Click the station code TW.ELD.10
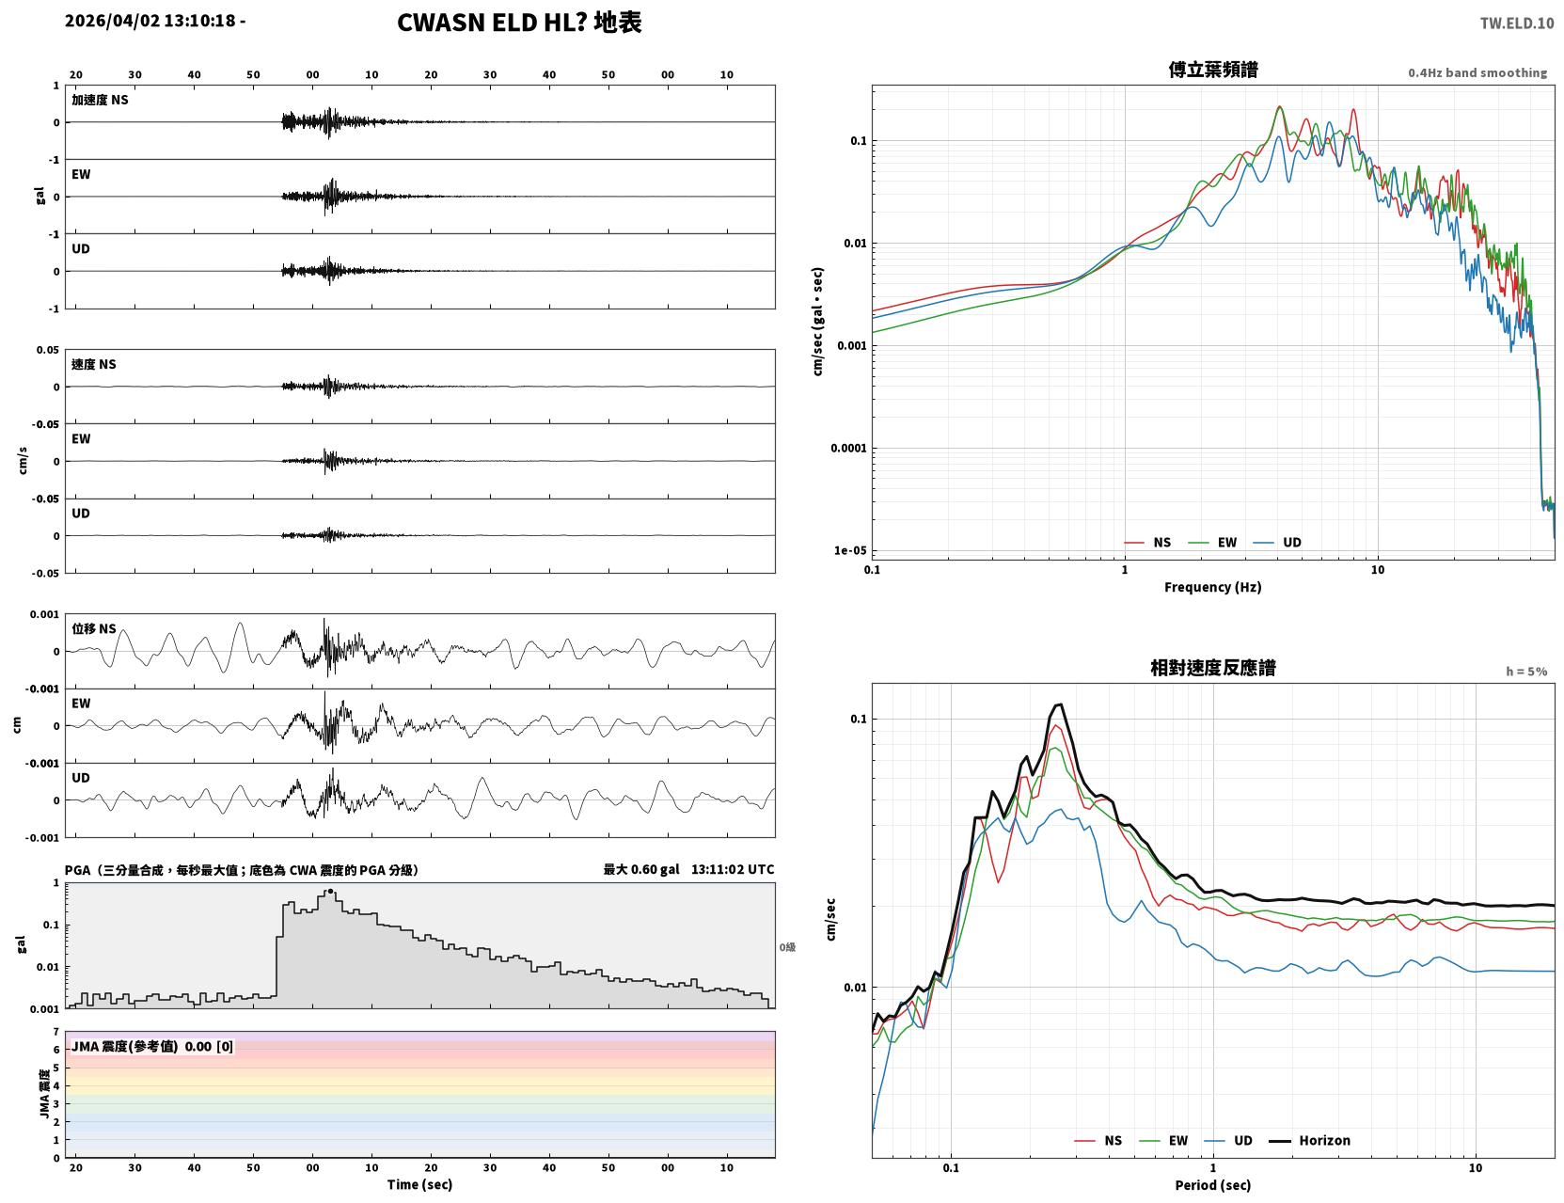pyautogui.click(x=1516, y=23)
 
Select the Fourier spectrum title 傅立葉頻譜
pyautogui.click(x=1213, y=70)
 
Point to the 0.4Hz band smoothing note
pyautogui.click(x=1477, y=72)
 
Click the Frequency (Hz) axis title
pyautogui.click(x=1213, y=587)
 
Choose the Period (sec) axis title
pyautogui.click(x=1213, y=1185)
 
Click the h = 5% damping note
pyautogui.click(x=1525, y=672)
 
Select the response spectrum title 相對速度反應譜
pyautogui.click(x=1213, y=668)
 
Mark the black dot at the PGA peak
pyautogui.click(x=330, y=892)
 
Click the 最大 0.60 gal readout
pyautogui.click(x=640, y=869)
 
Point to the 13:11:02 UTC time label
pyautogui.click(x=733, y=869)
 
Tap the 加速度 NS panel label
pyautogui.click(x=100, y=100)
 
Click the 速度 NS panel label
pyautogui.click(x=93, y=364)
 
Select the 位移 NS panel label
pyautogui.click(x=93, y=628)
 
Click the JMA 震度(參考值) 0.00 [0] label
pyautogui.click(x=151, y=1046)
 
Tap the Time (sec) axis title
pyautogui.click(x=419, y=1184)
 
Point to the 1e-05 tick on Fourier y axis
pyautogui.click(x=850, y=550)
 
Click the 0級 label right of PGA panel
pyautogui.click(x=787, y=947)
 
